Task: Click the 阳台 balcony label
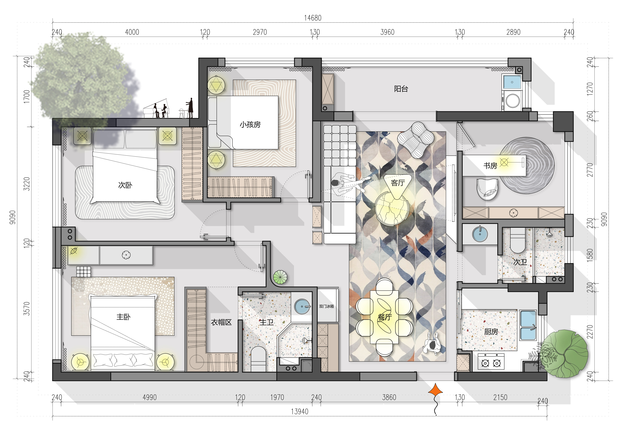click(x=401, y=89)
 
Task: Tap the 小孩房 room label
click(x=250, y=125)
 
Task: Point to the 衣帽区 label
click(x=221, y=322)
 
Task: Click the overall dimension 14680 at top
click(x=313, y=18)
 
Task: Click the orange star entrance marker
click(x=435, y=392)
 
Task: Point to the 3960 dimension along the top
click(x=387, y=32)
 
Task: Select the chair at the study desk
click(x=487, y=189)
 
